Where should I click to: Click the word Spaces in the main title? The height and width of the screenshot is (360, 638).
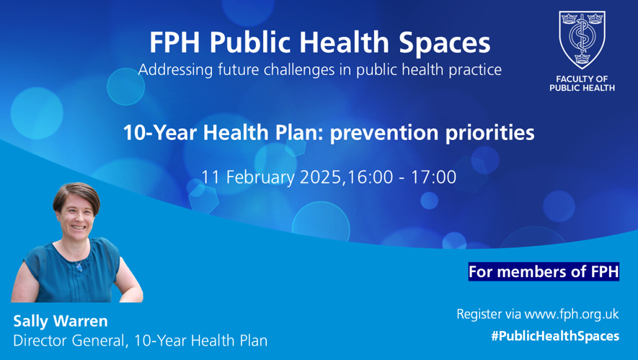[x=444, y=43]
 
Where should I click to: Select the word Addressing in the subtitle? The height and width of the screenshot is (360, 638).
[x=175, y=70]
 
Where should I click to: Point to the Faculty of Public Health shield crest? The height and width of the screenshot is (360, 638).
[x=582, y=40]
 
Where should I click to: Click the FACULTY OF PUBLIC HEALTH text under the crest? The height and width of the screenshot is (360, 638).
[x=582, y=84]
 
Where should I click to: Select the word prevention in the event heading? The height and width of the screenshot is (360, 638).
[x=384, y=133]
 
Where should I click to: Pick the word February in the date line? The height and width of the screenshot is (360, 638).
[x=260, y=177]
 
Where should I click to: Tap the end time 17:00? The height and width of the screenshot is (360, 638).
[x=433, y=177]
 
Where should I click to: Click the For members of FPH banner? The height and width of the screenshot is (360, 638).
[x=544, y=272]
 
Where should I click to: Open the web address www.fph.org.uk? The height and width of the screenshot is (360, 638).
[x=571, y=315]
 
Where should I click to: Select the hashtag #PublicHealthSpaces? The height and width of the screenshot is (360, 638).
[x=555, y=336]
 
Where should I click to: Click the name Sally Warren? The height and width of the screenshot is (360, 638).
[x=61, y=321]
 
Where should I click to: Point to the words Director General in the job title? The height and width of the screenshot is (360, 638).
[x=68, y=341]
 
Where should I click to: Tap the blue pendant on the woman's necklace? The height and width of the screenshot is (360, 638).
[x=79, y=267]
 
